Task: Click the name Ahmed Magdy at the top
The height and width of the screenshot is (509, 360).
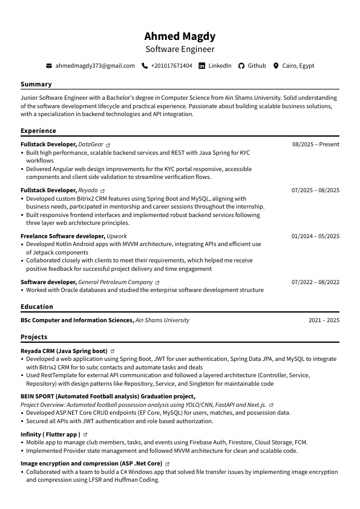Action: (180, 36)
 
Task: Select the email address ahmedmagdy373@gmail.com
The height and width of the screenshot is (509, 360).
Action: (95, 65)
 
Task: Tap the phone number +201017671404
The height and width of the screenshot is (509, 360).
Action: (171, 65)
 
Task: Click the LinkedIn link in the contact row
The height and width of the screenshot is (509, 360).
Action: (220, 65)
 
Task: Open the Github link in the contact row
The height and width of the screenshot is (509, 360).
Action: (257, 65)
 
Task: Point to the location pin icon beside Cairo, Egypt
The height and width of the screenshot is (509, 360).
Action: (276, 65)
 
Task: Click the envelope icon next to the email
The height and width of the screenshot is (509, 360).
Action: (49, 65)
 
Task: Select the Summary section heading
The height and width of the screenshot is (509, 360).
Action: (36, 84)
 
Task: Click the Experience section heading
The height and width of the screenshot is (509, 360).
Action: (38, 131)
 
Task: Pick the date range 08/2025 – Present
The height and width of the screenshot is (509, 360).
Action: (316, 144)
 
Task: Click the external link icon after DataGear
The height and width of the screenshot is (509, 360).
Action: (108, 145)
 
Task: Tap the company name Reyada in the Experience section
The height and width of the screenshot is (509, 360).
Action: (88, 190)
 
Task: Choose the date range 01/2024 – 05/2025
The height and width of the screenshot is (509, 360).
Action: (315, 236)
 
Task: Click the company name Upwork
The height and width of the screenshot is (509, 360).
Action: (117, 236)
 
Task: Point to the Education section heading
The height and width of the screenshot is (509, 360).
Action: (37, 307)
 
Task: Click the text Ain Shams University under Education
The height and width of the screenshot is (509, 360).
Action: (162, 320)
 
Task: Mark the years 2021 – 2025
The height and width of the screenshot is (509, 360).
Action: (324, 320)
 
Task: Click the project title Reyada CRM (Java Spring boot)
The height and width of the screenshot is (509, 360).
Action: (64, 351)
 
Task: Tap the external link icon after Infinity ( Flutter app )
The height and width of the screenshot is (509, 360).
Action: (85, 435)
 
